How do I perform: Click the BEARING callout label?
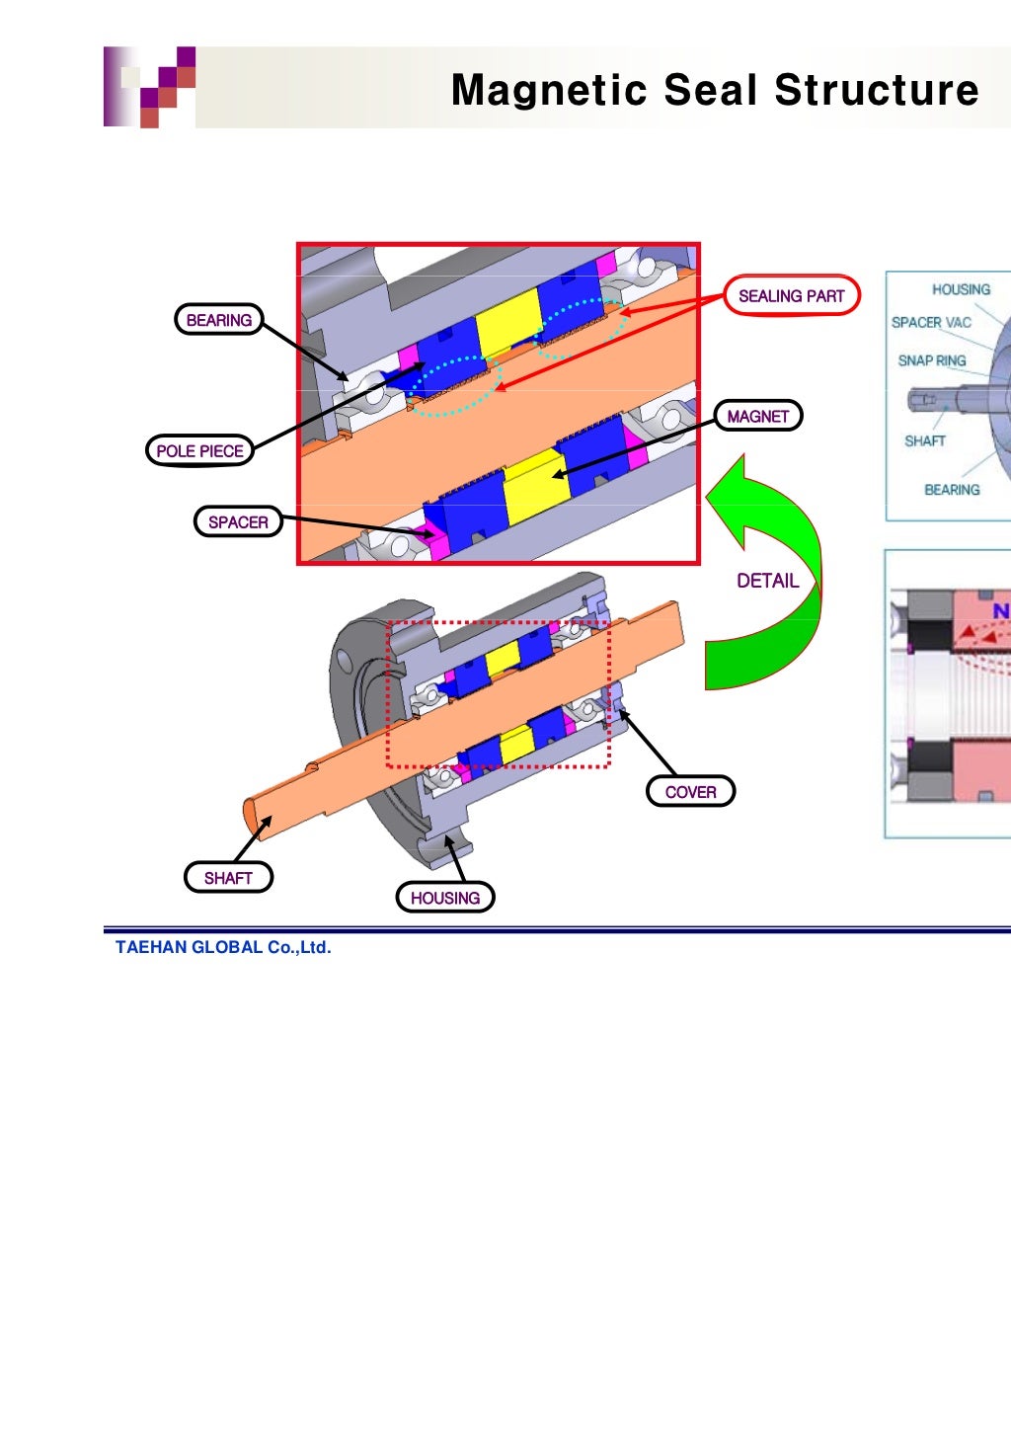pos(218,320)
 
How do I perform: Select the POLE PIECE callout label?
pos(199,450)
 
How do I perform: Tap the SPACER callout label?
pos(238,521)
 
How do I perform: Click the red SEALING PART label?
pos(792,295)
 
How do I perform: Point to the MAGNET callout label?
pos(758,416)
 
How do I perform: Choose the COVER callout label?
pos(690,791)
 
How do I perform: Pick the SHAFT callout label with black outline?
pos(228,877)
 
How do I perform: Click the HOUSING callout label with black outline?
pos(444,897)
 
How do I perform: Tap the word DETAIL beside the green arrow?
pos(767,581)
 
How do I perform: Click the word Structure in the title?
pos(877,90)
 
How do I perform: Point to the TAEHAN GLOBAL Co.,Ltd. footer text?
pos(223,947)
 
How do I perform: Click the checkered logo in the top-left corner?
pos(150,87)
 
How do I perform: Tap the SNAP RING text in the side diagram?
pos(931,360)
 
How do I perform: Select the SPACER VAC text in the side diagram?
pos(931,322)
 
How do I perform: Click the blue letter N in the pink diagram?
pos(1000,611)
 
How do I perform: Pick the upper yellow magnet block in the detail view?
pos(508,323)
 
